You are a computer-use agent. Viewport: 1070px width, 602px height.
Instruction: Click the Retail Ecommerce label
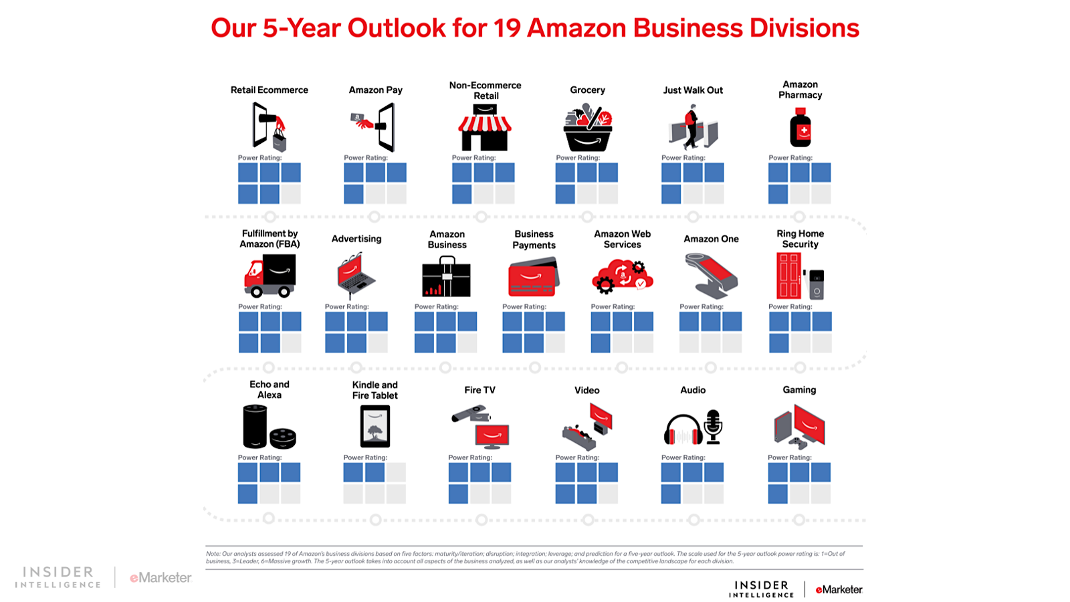(269, 90)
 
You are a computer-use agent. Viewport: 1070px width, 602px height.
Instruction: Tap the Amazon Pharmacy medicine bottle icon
(800, 129)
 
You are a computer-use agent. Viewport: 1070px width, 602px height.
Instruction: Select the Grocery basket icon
(588, 131)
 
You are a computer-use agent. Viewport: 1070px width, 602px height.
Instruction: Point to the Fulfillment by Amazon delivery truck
(270, 275)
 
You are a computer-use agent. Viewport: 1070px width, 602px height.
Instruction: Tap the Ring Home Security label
(800, 239)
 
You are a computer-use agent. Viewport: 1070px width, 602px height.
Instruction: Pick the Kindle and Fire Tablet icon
(375, 427)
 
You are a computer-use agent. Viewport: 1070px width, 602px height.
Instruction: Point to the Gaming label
(799, 390)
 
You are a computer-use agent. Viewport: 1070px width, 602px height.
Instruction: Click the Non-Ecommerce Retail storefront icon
(485, 128)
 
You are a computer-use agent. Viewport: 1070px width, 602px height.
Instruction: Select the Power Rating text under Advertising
(346, 307)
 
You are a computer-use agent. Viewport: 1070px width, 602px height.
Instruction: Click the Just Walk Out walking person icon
(691, 126)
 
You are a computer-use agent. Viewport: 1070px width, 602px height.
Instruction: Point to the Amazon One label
(711, 239)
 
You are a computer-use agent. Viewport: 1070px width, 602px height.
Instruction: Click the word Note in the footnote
(213, 554)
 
